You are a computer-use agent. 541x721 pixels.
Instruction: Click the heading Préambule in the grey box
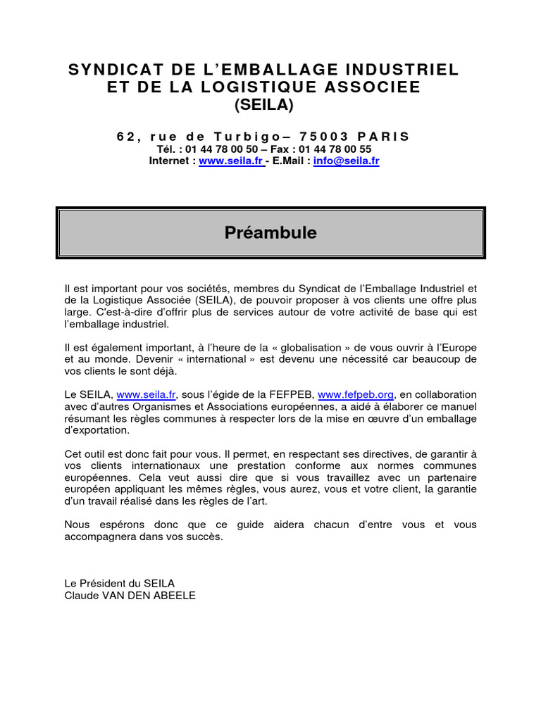(x=270, y=232)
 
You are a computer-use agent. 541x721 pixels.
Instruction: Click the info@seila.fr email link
(x=347, y=161)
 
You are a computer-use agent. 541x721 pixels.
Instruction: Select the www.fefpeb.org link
(x=356, y=394)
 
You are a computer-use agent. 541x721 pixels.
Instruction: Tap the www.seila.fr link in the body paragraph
(x=146, y=394)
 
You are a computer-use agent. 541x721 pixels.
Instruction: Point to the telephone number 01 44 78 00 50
(x=223, y=149)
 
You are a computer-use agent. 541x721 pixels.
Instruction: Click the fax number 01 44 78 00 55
(x=335, y=149)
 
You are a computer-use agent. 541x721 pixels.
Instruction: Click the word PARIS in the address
(x=383, y=136)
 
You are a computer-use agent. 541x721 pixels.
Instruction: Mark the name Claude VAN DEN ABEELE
(x=130, y=595)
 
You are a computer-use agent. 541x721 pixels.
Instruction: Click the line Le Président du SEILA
(x=119, y=583)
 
